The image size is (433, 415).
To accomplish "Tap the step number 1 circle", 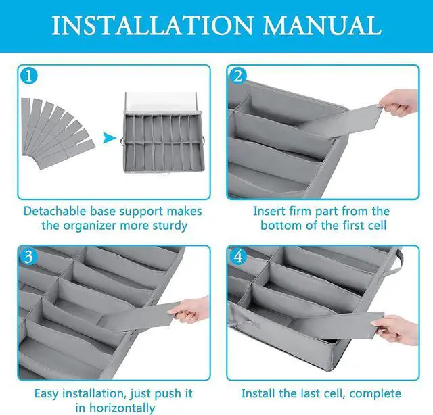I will [28, 76].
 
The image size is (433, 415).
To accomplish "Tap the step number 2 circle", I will [237, 76].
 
